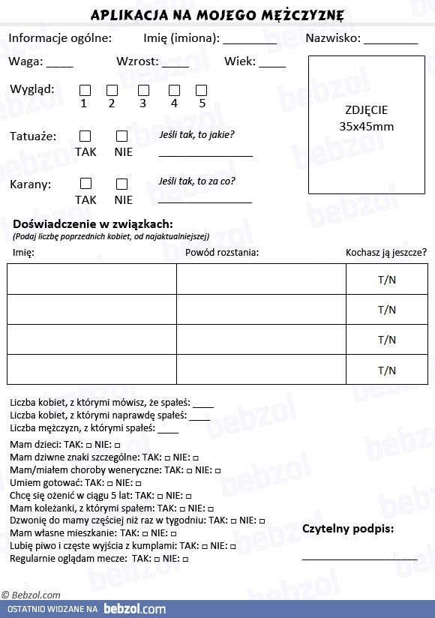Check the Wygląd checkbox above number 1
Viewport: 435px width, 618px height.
(x=85, y=90)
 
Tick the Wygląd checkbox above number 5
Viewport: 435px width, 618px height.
(x=201, y=90)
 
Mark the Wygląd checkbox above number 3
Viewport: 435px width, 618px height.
(x=143, y=90)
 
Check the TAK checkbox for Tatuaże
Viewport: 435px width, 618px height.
(x=85, y=136)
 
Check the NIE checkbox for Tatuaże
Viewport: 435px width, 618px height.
(x=122, y=136)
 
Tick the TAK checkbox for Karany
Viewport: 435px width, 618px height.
(x=85, y=183)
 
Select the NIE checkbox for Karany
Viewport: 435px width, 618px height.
(x=122, y=184)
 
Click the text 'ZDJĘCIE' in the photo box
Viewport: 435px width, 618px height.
(x=367, y=109)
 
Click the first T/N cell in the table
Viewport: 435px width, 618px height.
(x=386, y=280)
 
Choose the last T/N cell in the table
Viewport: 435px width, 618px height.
(x=386, y=370)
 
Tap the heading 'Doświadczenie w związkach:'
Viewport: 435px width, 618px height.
(x=93, y=223)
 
